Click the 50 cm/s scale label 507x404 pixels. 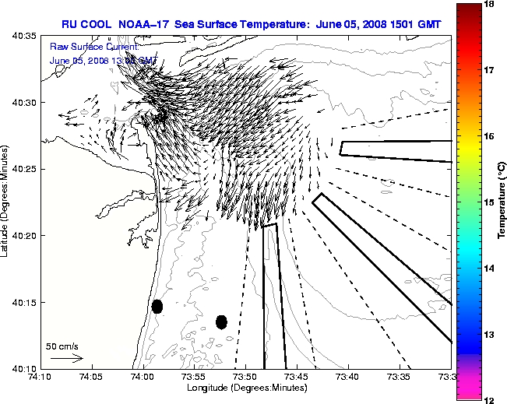tap(62, 346)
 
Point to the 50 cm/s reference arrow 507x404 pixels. tap(66, 358)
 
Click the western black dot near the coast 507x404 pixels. tap(157, 306)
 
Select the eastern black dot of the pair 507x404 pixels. tap(221, 321)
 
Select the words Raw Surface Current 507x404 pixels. tap(93, 48)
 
